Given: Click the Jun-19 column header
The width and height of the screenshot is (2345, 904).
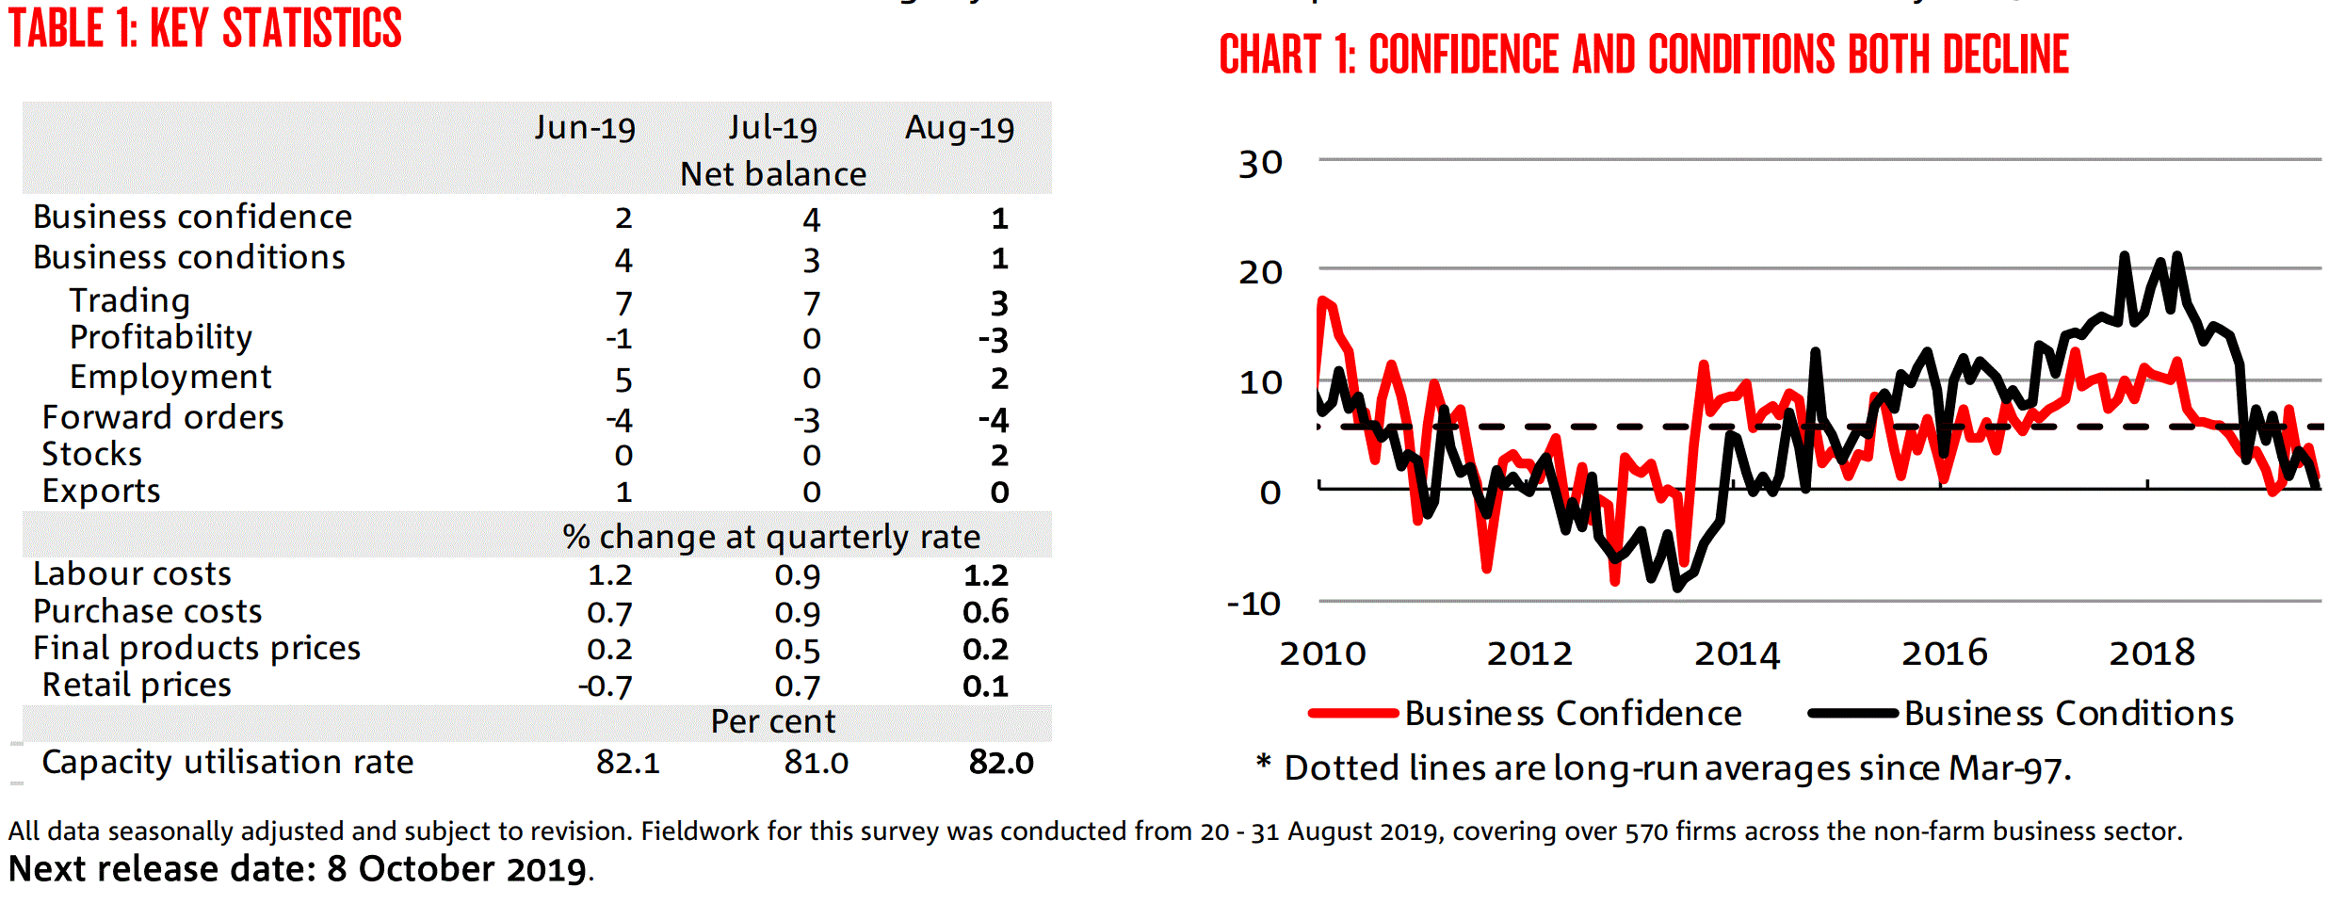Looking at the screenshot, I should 585,128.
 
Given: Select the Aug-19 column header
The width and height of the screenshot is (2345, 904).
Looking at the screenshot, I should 959,128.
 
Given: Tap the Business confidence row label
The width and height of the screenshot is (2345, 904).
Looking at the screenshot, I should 192,218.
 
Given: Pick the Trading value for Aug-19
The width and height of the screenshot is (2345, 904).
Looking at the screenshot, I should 999,303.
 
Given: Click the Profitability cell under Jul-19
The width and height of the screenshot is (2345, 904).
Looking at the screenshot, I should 811,339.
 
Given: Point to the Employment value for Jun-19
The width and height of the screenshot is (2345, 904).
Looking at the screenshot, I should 623,379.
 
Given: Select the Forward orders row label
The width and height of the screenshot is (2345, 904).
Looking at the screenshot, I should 163,417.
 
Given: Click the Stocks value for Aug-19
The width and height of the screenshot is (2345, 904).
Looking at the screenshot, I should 999,456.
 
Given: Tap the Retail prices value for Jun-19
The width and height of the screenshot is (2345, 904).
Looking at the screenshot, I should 606,686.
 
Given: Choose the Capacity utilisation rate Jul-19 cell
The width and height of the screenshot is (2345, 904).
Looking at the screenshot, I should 816,763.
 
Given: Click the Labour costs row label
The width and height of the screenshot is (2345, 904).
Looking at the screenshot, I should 132,574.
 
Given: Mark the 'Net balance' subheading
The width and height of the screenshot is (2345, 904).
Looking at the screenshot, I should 772,175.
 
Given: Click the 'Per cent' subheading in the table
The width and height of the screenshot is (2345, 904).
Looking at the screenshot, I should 772,722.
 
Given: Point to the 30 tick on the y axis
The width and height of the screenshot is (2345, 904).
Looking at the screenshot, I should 1260,164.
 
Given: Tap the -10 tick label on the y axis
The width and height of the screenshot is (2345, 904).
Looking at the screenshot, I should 1253,604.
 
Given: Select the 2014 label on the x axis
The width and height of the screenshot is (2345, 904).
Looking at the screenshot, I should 1737,654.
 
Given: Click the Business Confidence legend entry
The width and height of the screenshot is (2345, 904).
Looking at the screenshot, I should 1573,714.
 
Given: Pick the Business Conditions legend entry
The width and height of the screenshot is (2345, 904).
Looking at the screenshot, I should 2068,714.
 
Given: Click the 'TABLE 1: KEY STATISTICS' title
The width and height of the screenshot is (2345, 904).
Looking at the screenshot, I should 205,28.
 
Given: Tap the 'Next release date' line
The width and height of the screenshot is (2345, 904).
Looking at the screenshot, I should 300,869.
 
